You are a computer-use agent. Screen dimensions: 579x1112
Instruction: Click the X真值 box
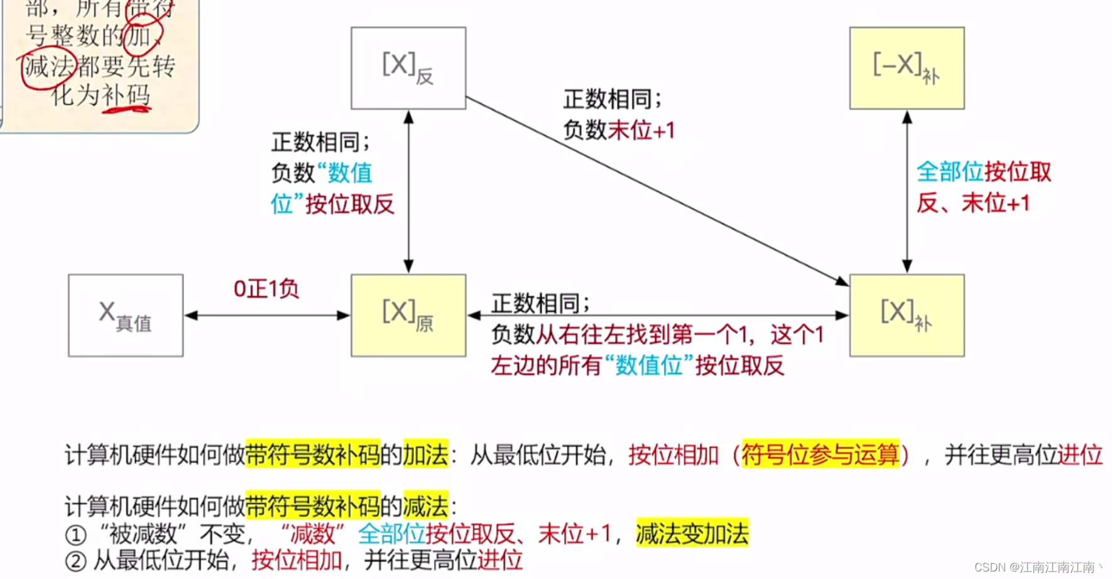(126, 315)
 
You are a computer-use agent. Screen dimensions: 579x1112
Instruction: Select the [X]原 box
(408, 315)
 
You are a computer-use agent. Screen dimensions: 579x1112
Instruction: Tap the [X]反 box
(408, 68)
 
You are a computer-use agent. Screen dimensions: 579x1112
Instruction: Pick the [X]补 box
(907, 315)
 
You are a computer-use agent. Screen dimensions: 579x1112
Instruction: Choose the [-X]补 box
(907, 68)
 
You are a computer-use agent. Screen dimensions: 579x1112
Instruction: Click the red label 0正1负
(266, 289)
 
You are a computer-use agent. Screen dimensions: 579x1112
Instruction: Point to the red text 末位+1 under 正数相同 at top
(641, 130)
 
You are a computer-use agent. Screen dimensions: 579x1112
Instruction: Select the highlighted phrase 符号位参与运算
(820, 454)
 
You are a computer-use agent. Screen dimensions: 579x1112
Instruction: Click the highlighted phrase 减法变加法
(692, 533)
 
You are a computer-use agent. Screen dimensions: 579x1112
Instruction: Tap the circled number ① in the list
(75, 535)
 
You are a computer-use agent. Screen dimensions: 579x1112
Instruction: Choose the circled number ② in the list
(75, 561)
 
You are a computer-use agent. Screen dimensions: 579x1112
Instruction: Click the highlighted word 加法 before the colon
(426, 454)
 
